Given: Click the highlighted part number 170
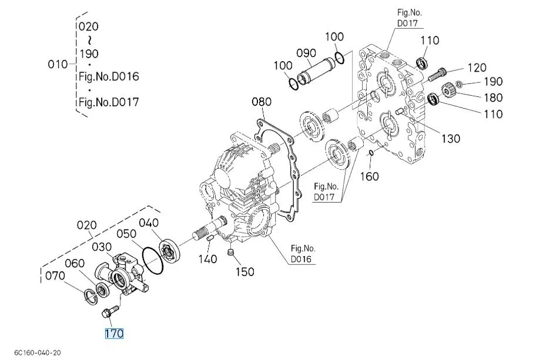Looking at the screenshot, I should tap(114, 334).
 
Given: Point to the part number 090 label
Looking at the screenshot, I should tap(306, 53).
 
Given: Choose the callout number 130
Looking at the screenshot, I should tap(451, 139).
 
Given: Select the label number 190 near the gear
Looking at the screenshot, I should tap(493, 82).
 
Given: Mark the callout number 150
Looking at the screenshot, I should tap(244, 271).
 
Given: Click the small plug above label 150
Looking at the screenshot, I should tap(230, 253).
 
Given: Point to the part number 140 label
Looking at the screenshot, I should tap(207, 259).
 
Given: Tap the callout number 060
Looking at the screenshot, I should tap(75, 263).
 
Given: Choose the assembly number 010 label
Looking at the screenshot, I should tap(58, 64).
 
